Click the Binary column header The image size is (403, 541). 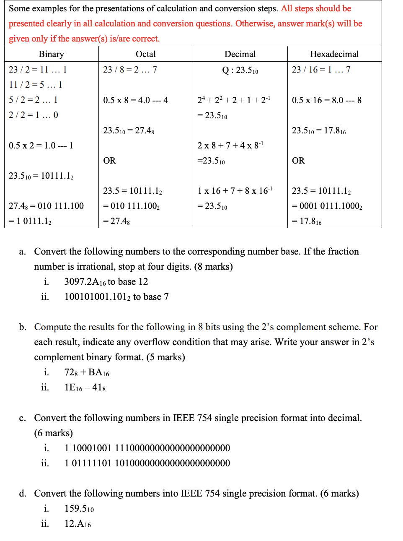(51, 54)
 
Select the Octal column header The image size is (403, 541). (145, 54)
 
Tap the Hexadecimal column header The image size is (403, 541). (334, 54)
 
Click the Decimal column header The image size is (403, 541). (240, 54)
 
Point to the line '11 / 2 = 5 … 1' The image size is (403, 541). (36, 85)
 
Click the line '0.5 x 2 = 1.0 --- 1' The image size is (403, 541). (41, 146)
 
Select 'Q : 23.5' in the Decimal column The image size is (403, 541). (240, 70)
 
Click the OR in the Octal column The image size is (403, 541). (109, 161)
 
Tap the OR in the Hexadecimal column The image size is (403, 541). (298, 161)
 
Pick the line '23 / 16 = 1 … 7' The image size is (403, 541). (321, 70)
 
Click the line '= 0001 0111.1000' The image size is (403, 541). (327, 206)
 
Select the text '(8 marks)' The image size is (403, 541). (213, 267)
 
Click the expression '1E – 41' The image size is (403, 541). (85, 388)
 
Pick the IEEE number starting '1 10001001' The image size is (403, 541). (147, 448)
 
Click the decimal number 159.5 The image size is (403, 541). (79, 509)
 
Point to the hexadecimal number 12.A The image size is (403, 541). (77, 524)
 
